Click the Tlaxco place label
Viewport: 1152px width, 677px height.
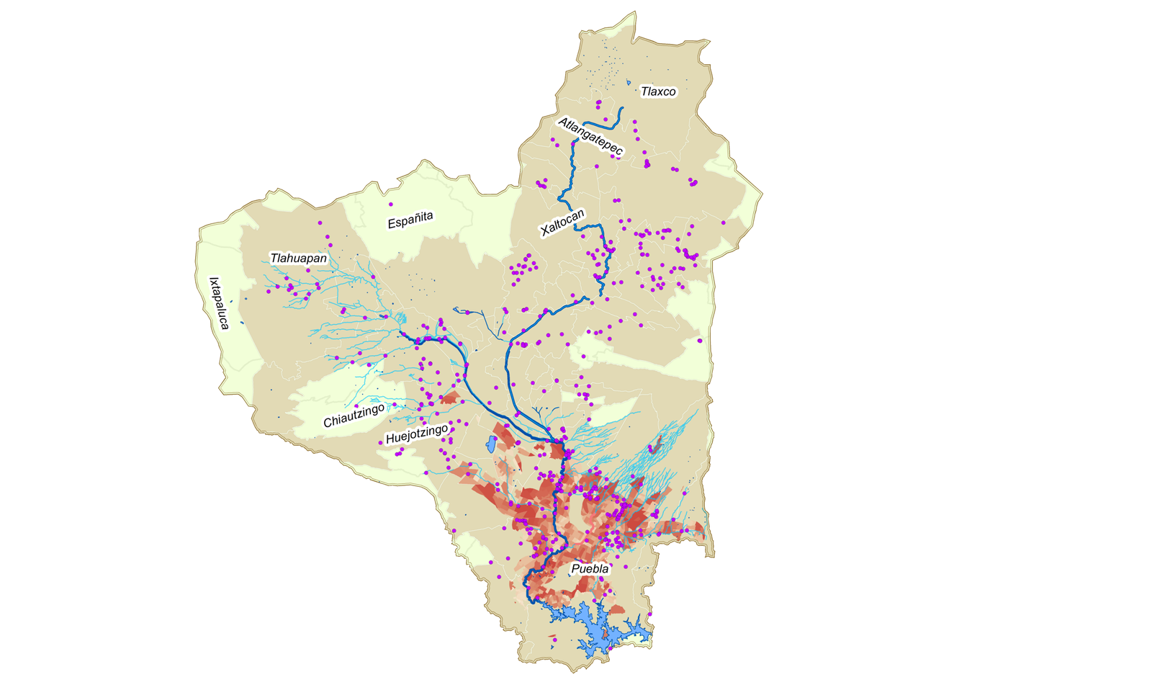pos(658,91)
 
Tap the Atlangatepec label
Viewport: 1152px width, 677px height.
pos(590,136)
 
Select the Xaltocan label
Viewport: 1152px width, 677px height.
pos(562,223)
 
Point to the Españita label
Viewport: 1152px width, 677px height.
pos(410,220)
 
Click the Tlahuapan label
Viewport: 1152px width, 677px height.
pos(298,258)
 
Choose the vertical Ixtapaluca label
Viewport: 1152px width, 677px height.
pos(218,303)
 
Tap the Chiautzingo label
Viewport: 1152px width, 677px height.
pos(354,416)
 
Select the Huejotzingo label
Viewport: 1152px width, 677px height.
pos(417,434)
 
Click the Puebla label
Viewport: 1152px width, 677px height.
pos(590,569)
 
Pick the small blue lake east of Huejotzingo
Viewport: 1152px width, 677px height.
pos(491,444)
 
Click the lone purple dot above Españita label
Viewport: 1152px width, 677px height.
pos(391,205)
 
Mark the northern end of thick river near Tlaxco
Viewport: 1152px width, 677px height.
pos(621,108)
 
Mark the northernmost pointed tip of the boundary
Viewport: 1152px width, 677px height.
pos(634,12)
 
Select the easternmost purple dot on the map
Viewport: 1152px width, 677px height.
pos(724,223)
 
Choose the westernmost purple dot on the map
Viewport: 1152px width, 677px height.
pos(268,291)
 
